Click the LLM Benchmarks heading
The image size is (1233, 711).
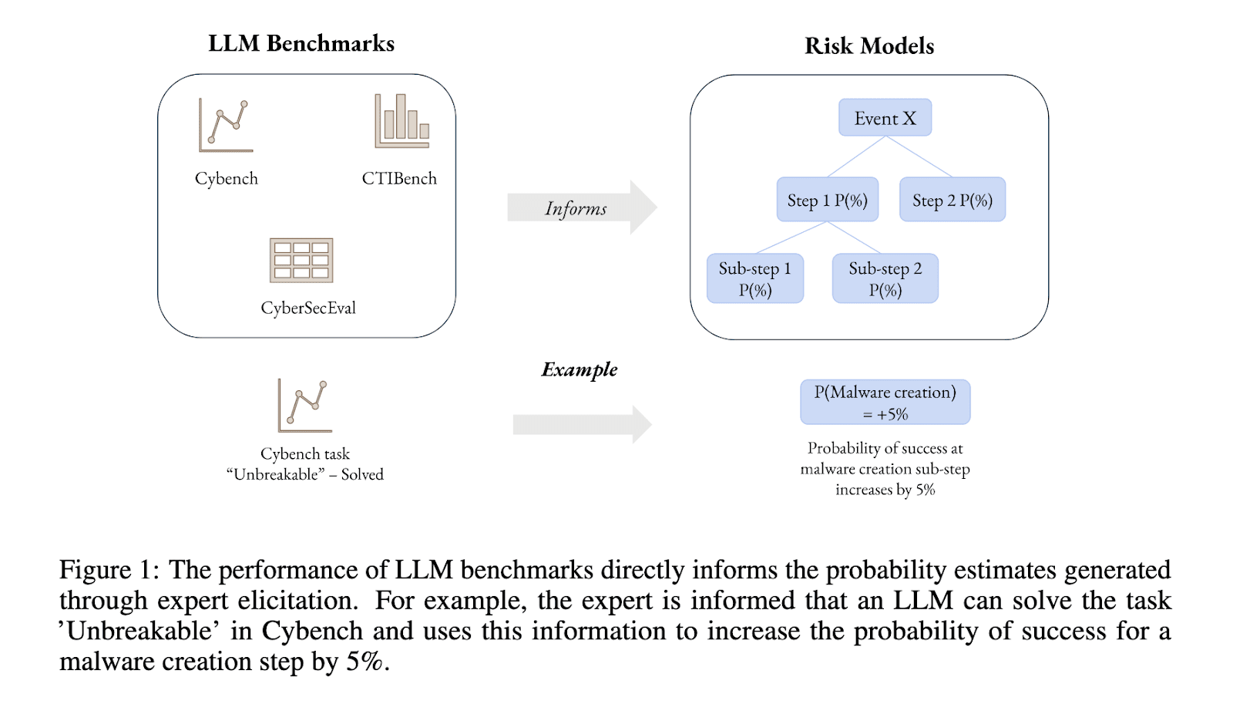pyautogui.click(x=301, y=43)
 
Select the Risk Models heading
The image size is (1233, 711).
pyautogui.click(x=869, y=46)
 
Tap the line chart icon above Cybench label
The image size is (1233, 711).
pyautogui.click(x=225, y=125)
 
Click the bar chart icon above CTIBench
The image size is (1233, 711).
pyautogui.click(x=401, y=121)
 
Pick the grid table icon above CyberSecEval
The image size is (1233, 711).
pyautogui.click(x=301, y=261)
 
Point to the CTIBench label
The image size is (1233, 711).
pyautogui.click(x=399, y=179)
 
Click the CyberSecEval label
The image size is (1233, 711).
pyautogui.click(x=308, y=308)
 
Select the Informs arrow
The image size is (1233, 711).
pyautogui.click(x=581, y=207)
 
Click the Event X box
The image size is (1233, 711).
pyautogui.click(x=885, y=118)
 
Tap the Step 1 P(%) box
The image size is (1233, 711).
pyautogui.click(x=827, y=200)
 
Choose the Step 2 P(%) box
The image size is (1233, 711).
pyautogui.click(x=952, y=200)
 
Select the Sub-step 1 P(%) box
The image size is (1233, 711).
pyautogui.click(x=754, y=279)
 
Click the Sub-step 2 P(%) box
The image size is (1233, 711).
pyautogui.click(x=885, y=279)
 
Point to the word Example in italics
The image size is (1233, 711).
pyautogui.click(x=580, y=369)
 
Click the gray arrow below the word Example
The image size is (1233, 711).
pyautogui.click(x=582, y=424)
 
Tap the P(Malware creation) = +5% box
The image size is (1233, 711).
pyautogui.click(x=885, y=403)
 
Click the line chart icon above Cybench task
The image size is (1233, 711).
pyautogui.click(x=305, y=406)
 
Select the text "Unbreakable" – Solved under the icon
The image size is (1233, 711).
pyautogui.click(x=305, y=475)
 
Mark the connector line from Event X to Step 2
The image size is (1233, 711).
pyautogui.click(x=920, y=157)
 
